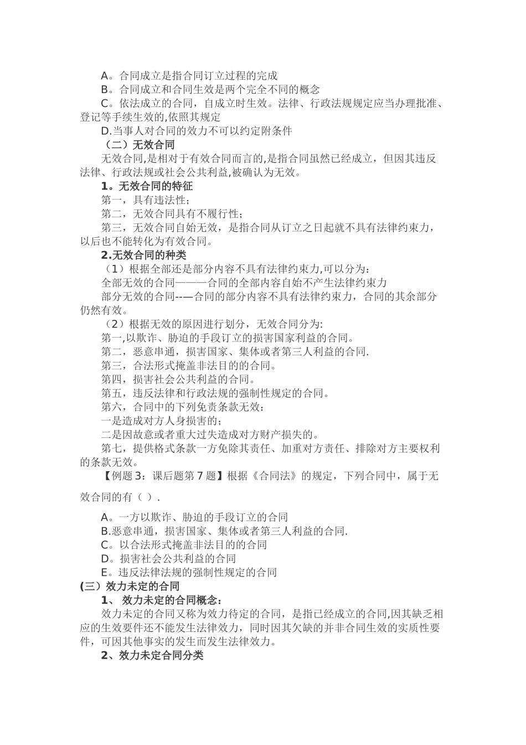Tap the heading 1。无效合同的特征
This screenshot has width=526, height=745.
coord(147,186)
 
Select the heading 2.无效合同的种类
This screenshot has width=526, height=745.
coord(143,255)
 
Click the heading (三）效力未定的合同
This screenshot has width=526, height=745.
coord(130,586)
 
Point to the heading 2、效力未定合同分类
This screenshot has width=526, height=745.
coord(152,655)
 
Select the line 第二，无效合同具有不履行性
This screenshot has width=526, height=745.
coord(172,214)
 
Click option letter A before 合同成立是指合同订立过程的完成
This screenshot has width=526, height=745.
coord(105,76)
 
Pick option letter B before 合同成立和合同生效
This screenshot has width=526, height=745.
coord(105,90)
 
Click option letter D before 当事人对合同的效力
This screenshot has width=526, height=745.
coord(105,131)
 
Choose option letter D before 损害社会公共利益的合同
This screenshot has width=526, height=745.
coord(105,558)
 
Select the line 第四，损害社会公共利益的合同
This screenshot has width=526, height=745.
coord(177,379)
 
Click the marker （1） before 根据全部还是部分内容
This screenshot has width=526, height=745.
coord(114,269)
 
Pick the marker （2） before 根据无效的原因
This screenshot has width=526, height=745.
coord(114,324)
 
